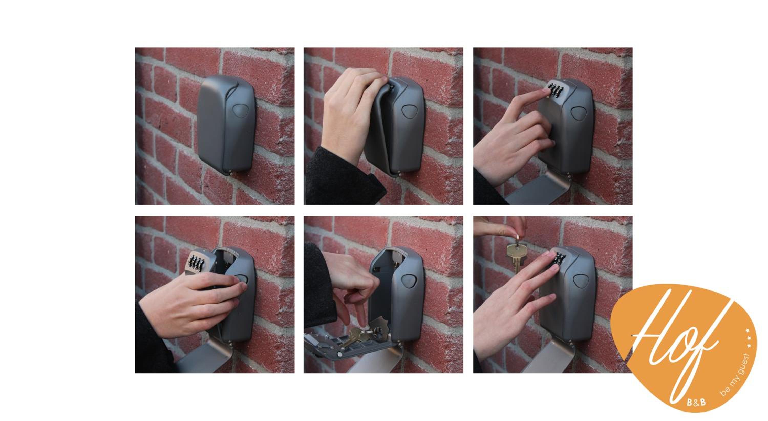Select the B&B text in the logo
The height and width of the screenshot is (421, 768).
pyautogui.click(x=696, y=402)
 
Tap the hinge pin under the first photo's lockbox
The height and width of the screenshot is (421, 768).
pyautogui.click(x=230, y=172)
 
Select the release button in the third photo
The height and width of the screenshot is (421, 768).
pyautogui.click(x=578, y=113)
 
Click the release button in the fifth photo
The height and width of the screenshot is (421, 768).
pyautogui.click(x=409, y=281)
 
